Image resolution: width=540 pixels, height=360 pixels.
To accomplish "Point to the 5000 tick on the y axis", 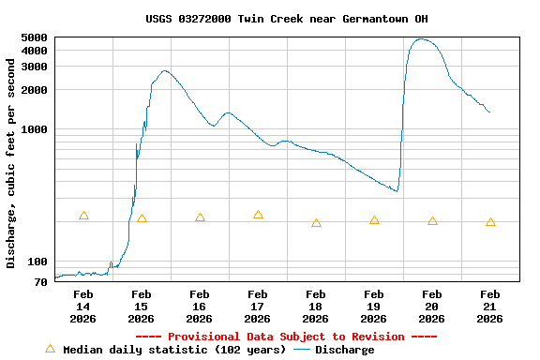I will click(x=35, y=37).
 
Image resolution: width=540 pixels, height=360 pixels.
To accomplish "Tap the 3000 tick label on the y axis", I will click(x=35, y=67).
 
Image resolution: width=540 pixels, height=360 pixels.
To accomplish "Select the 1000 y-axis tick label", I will click(x=35, y=129).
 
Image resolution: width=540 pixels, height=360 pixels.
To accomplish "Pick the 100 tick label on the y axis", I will click(x=38, y=262).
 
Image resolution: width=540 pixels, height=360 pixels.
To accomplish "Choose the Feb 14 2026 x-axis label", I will click(x=83, y=307).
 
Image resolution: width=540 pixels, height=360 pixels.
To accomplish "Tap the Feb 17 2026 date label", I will click(x=258, y=307).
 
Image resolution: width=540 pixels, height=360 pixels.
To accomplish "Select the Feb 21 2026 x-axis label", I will click(x=489, y=307).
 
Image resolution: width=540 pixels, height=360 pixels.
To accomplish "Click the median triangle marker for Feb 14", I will click(x=83, y=216).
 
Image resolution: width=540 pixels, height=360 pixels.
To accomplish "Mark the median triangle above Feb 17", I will click(x=258, y=215).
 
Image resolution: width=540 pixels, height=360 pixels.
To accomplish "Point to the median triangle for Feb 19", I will click(x=374, y=220).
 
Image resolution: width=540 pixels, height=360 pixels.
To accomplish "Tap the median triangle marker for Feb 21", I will click(x=490, y=222).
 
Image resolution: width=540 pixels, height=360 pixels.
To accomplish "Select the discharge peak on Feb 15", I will click(x=165, y=70).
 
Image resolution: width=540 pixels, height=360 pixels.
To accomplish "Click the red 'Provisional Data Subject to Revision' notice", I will click(x=286, y=337).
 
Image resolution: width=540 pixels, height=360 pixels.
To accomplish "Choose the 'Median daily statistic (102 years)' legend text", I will click(x=174, y=350).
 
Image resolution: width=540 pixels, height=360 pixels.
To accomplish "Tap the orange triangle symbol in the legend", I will click(x=50, y=349).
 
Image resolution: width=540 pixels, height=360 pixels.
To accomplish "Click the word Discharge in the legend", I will click(x=344, y=350).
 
